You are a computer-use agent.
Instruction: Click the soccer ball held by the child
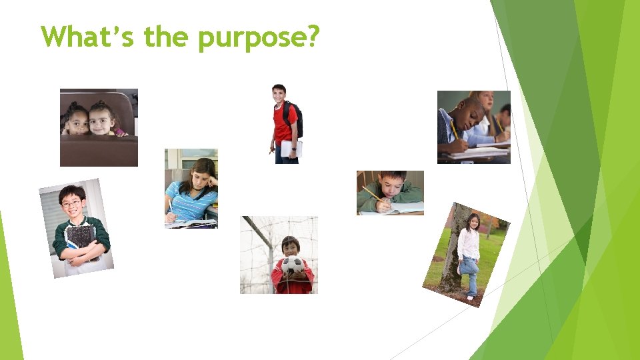tap(292, 265)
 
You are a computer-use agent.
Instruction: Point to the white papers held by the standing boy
tap(291, 149)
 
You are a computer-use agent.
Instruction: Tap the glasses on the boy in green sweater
tap(72, 201)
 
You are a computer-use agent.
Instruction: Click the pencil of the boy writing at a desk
tap(371, 194)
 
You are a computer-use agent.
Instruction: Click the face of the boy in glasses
tap(72, 201)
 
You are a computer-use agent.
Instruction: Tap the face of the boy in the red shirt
tap(279, 95)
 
